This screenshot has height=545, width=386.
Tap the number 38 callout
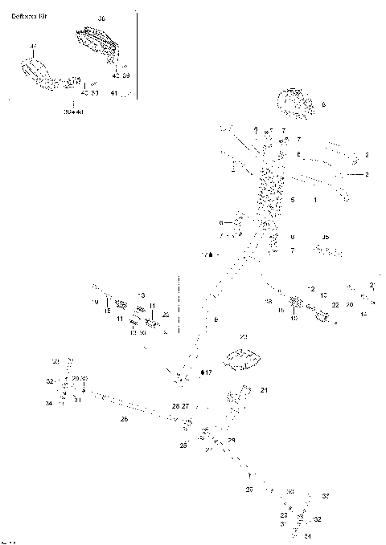coord(101,18)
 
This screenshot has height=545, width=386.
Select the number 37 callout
coord(33,47)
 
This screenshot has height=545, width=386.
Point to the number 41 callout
coord(114,93)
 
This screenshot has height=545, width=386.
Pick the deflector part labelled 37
coord(36,72)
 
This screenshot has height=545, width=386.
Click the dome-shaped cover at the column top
coord(296,103)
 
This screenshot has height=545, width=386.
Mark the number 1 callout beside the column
coord(315,198)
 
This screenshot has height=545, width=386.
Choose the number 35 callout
coord(325,237)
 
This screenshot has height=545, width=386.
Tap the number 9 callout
coord(216,320)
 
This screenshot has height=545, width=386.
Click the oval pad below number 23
coord(242,356)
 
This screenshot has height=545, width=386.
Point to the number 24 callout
coord(263,390)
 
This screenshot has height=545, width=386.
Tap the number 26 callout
coord(124,418)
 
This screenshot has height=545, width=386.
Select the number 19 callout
coord(94,302)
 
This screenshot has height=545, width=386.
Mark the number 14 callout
coord(363,314)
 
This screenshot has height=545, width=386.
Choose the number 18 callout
coord(269,301)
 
